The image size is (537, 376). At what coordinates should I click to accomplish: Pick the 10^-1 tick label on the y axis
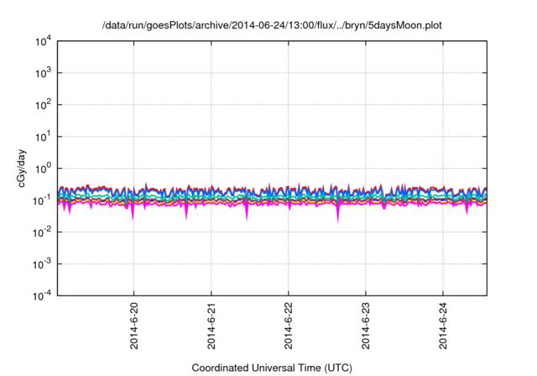(42, 200)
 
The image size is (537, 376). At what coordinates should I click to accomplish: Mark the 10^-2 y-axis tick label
(42, 232)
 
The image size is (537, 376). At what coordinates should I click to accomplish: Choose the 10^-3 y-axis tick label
(42, 263)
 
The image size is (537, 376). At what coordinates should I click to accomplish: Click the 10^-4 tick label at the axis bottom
(42, 295)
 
